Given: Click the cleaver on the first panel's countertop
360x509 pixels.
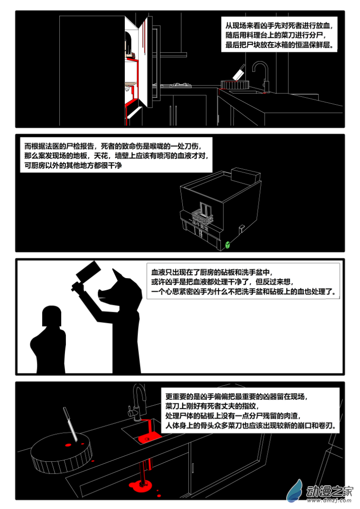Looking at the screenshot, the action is tap(238, 73).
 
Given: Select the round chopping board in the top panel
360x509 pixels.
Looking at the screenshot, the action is tap(235, 85).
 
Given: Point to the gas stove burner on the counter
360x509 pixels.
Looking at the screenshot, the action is tap(176, 85).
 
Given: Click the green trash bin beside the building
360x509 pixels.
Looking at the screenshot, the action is tap(228, 245).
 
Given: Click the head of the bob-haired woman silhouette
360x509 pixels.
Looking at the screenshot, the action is tap(51, 315).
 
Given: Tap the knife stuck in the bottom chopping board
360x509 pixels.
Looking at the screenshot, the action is tap(70, 424).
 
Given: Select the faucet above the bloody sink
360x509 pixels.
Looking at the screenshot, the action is tap(137, 402).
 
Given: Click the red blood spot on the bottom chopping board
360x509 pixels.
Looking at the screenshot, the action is tap(68, 444).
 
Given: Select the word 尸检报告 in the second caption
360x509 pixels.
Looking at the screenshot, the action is tap(80, 146).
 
